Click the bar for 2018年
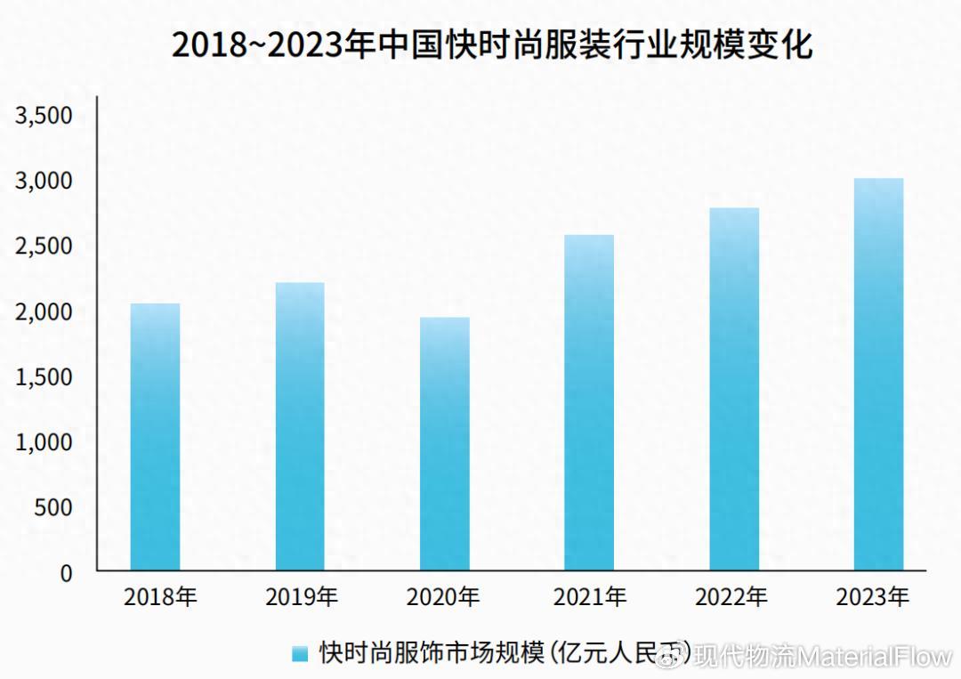click(155, 437)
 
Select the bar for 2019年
click(300, 426)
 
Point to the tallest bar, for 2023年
click(878, 374)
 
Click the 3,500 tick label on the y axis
click(43, 116)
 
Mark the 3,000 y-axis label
click(43, 182)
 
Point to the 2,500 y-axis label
click(43, 247)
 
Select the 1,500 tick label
click(43, 377)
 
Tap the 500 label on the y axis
click(54, 508)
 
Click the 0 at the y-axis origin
click(66, 573)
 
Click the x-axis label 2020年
click(443, 597)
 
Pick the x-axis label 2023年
click(873, 597)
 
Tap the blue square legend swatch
click(301, 654)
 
